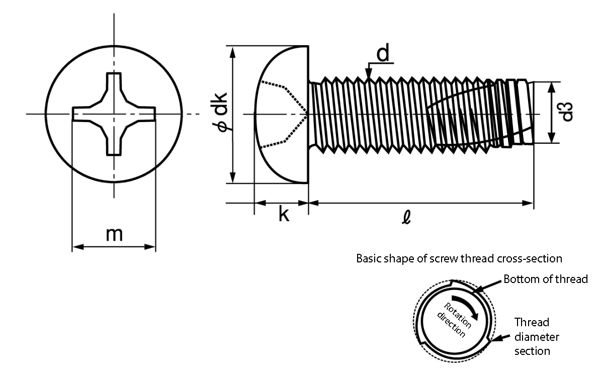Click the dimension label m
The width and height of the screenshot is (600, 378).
tap(114, 235)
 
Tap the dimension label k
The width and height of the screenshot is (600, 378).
tap(284, 214)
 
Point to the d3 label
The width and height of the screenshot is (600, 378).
tap(566, 112)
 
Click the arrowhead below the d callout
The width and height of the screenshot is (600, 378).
tap(368, 73)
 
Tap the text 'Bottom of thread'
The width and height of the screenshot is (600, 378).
tap(545, 279)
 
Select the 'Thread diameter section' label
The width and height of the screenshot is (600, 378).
tap(536, 337)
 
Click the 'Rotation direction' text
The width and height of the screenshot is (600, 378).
tap(454, 320)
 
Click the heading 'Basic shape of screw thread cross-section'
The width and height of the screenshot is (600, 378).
tap(459, 259)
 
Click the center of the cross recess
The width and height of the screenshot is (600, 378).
tap(114, 114)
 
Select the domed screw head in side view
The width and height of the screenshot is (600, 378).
tap(281, 115)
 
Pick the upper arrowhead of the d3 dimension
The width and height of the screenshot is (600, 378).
tap(551, 87)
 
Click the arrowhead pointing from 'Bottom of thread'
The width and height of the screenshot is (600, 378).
tap(476, 291)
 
